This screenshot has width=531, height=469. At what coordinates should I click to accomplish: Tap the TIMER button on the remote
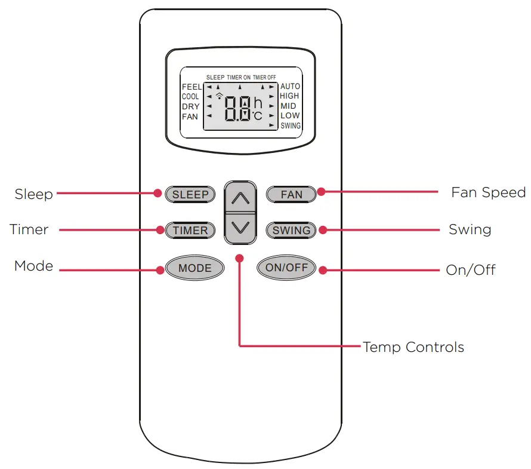pos(190,230)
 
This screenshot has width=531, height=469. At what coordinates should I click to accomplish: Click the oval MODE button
pos(195,268)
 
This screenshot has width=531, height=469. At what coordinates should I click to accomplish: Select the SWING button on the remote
pos(291,230)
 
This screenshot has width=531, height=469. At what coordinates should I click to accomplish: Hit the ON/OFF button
pos(286,268)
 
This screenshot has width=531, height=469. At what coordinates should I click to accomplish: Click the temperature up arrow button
pos(240,198)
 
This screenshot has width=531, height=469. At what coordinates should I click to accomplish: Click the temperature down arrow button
pos(240,228)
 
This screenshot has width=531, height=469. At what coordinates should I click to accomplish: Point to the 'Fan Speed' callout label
pos(488,192)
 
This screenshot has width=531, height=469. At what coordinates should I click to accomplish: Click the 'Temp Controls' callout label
pos(413,347)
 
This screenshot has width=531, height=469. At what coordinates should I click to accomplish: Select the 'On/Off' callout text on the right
pos(470,269)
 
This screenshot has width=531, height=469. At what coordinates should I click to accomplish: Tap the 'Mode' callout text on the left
pos(33,266)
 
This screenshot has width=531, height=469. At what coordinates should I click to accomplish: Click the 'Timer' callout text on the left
pos(29,229)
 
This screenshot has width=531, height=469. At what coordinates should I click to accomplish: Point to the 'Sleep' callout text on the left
pos(33,194)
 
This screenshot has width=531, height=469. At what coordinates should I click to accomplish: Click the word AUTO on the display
pos(290,87)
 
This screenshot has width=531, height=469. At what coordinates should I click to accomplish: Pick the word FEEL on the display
pos(192,87)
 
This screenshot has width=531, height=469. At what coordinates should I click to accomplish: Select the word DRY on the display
pos(190,106)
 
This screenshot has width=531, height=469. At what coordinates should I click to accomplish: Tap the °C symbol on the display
pos(257,116)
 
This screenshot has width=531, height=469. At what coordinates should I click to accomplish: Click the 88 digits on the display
pos(237,109)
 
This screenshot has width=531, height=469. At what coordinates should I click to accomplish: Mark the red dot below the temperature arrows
pos(240,258)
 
